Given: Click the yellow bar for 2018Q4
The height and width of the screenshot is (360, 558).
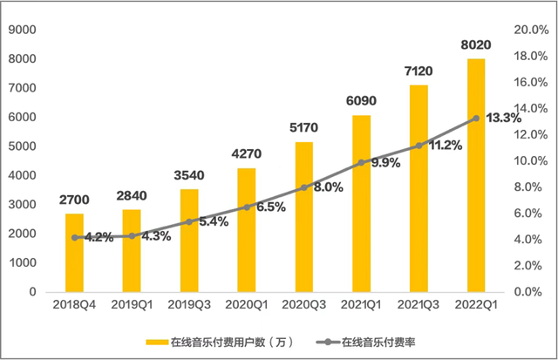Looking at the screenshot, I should click(x=75, y=253).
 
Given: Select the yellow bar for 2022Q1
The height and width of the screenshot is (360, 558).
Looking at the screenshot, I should click(x=476, y=174).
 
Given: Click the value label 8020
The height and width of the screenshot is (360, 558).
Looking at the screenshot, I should click(x=476, y=44).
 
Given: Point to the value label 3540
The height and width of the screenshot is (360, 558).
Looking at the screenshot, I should click(x=190, y=174).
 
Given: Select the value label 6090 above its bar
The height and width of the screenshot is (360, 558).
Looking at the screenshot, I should click(x=361, y=101).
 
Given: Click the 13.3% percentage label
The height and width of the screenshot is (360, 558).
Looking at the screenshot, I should click(x=503, y=118).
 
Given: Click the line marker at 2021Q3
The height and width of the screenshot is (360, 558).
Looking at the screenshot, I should click(x=418, y=146).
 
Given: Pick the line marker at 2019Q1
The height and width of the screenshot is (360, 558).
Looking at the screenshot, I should click(x=133, y=235).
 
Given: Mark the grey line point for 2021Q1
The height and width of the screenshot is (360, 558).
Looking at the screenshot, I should click(x=361, y=162).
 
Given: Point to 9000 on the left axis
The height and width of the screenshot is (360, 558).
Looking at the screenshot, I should click(x=23, y=30).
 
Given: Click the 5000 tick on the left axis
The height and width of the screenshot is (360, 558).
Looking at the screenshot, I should click(x=23, y=146).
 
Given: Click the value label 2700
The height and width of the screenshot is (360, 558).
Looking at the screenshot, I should click(x=75, y=200).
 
